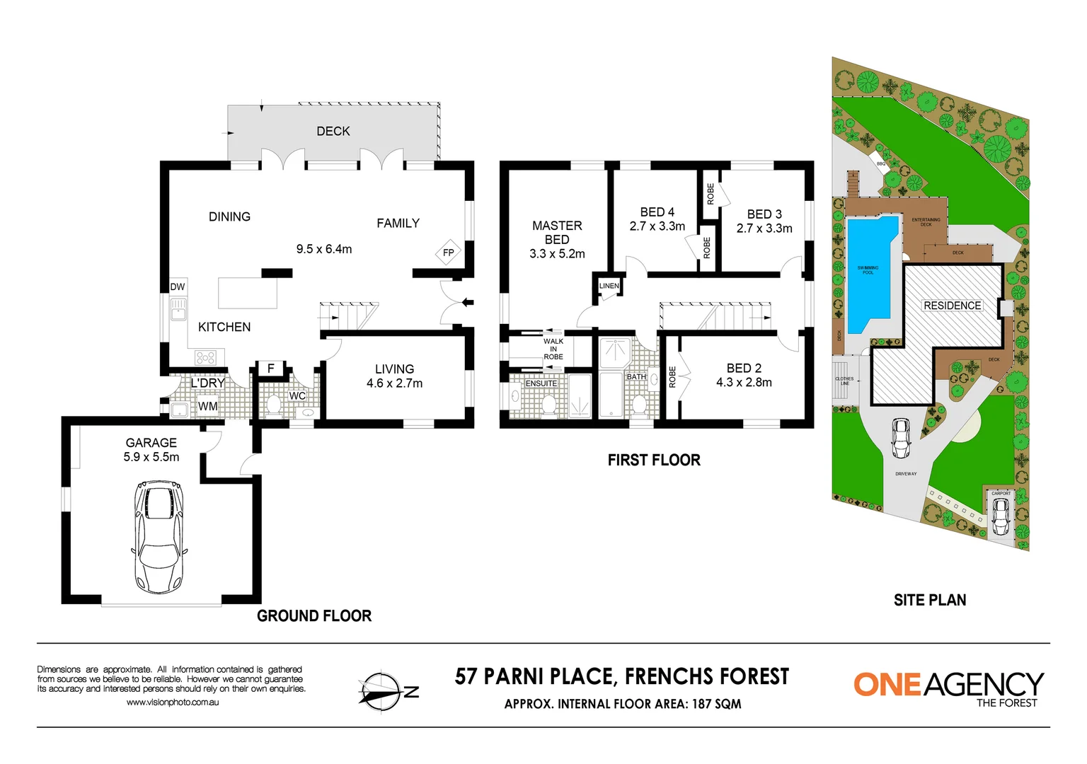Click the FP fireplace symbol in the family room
(448, 253)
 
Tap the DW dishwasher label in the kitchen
(178, 286)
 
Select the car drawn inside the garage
(159, 538)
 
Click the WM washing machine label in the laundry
(207, 406)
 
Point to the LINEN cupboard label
(609, 286)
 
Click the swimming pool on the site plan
(870, 272)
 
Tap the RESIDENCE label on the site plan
(952, 306)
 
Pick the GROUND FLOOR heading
(314, 615)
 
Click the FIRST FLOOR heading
(654, 460)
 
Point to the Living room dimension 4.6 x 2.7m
(394, 383)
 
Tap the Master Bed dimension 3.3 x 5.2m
(557, 254)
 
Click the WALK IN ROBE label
(553, 349)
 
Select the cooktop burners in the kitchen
(205, 358)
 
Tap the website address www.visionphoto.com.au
(173, 702)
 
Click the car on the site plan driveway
(901, 438)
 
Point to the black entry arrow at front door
(466, 303)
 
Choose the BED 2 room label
(744, 368)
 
